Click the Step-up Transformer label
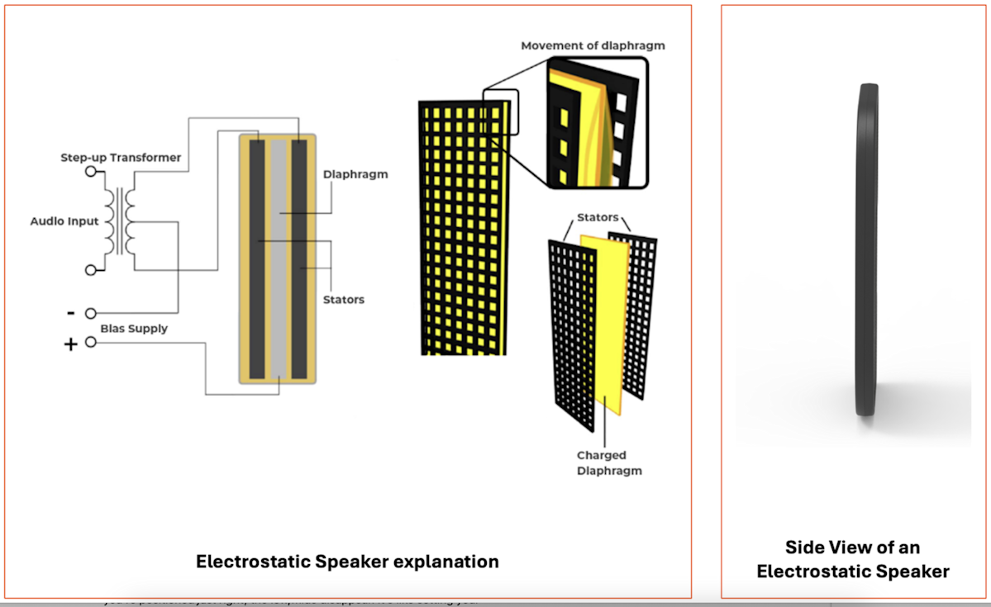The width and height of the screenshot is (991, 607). coord(121,157)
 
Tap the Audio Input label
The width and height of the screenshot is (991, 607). coord(64,221)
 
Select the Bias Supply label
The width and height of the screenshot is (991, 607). coord(134,329)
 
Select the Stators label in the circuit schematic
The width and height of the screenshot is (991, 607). coord(344,299)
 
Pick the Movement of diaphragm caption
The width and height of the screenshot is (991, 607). coord(593,45)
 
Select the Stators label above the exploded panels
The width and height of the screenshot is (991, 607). coord(598,217)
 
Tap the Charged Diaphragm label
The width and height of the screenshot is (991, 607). coord(602,462)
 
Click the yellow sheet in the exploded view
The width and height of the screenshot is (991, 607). coord(603,322)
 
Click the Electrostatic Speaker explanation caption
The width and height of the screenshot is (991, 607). coord(347,562)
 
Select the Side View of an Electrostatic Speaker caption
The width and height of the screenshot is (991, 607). coord(853,558)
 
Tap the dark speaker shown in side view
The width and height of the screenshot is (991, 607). coord(865,248)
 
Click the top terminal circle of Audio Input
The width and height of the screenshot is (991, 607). coord(90,173)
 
